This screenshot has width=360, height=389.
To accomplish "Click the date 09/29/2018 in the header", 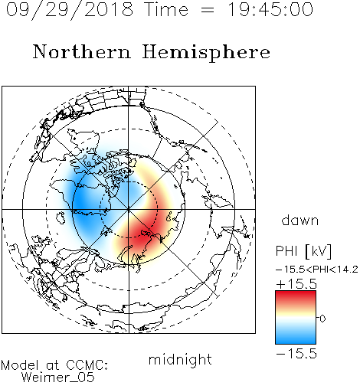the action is [x=70, y=10].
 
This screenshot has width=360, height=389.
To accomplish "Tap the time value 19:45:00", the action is [x=270, y=10].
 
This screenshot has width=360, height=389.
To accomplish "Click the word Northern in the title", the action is [x=82, y=51].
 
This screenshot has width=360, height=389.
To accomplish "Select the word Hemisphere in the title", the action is [x=206, y=52].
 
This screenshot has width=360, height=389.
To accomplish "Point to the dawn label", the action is [x=300, y=221].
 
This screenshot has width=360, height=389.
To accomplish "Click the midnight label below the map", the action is [x=180, y=360].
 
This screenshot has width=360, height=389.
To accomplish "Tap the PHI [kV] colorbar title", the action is [x=303, y=251].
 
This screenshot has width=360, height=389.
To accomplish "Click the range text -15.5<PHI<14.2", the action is [x=317, y=270].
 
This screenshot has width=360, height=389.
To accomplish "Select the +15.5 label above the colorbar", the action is [x=296, y=284].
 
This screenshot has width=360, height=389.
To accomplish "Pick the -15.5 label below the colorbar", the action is [x=296, y=354].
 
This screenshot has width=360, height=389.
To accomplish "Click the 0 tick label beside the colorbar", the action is [x=322, y=319].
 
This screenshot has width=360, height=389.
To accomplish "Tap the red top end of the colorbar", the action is [x=296, y=293].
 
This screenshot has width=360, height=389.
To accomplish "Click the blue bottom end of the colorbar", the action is [x=296, y=342].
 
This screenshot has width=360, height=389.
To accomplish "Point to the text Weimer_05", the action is [x=58, y=378].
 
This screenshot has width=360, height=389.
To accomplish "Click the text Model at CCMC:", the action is [x=54, y=364].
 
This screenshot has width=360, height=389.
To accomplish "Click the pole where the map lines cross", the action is [x=129, y=209].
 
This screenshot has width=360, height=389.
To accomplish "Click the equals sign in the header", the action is [x=208, y=10].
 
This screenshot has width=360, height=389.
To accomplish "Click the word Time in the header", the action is [x=166, y=10].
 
